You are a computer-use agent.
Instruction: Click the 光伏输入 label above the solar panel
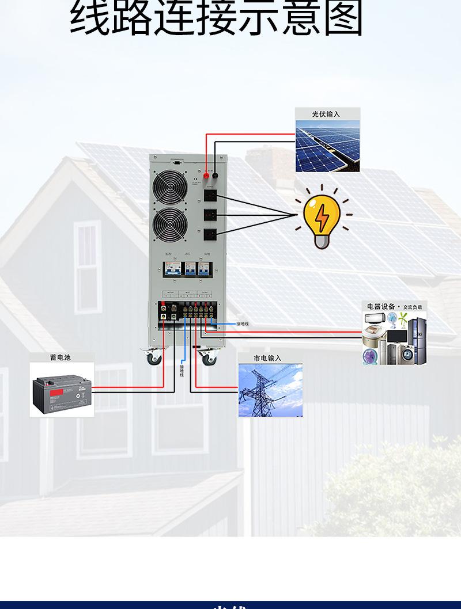pos(326,114)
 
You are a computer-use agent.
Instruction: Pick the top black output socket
pos(211,196)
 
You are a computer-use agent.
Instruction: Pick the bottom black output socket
pos(211,234)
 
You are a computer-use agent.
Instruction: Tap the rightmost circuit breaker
pos(204,270)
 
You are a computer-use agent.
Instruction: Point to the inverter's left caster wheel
pos(154,358)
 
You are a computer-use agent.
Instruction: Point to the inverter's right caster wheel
pos(206,358)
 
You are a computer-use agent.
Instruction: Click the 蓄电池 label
pos(60,357)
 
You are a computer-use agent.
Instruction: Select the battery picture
pos(62,391)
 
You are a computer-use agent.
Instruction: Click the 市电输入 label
pos(268,358)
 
